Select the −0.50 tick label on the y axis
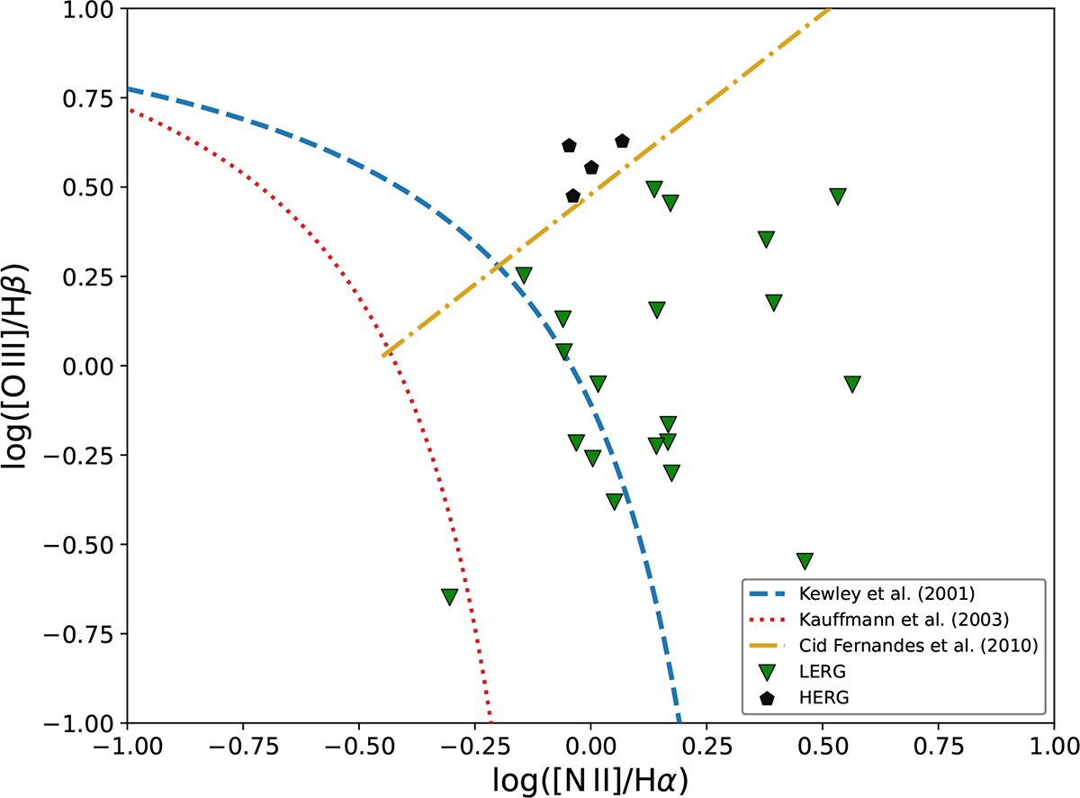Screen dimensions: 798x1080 pos(88,545)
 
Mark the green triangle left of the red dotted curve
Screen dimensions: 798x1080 pos(450,596)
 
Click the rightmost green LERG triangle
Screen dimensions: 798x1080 pos(853,384)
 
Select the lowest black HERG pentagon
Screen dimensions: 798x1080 pos(573,195)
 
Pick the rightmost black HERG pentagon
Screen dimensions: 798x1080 pos(622,141)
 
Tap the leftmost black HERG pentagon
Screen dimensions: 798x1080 pos(569,146)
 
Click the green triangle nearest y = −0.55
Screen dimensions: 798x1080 pos(805,560)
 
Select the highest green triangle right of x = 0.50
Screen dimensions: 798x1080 pos(838,196)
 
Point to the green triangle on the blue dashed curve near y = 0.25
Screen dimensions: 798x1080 pos(524,275)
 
